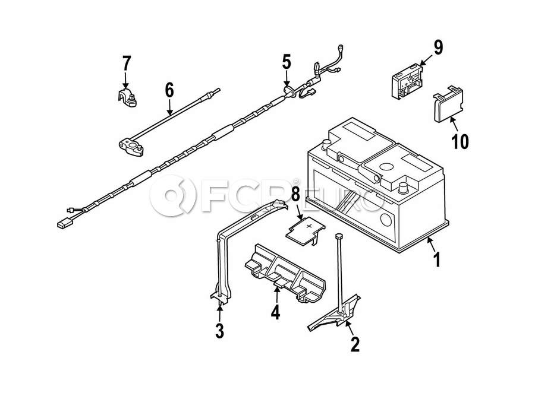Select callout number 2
[x=355, y=344]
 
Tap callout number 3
[x=220, y=331]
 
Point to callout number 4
[x=275, y=312]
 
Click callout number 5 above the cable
[x=287, y=62]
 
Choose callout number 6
[x=169, y=90]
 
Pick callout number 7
[x=126, y=64]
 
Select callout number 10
[x=460, y=141]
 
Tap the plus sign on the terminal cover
[x=309, y=226]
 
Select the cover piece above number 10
[x=448, y=104]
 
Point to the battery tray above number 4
[x=285, y=273]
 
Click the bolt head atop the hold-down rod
[x=338, y=236]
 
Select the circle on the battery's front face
[x=386, y=220]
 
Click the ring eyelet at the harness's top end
[x=340, y=47]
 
